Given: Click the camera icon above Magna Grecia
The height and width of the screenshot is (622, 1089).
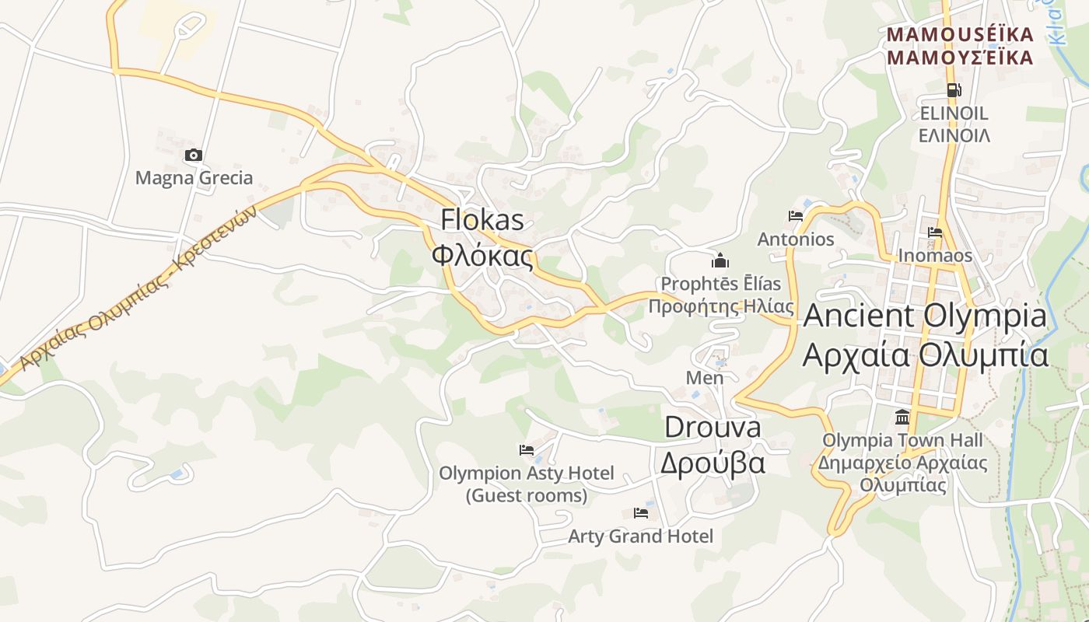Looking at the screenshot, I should [193, 155].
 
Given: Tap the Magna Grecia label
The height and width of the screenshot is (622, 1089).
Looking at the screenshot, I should [194, 178].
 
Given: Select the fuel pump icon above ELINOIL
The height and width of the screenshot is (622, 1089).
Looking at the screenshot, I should [954, 90].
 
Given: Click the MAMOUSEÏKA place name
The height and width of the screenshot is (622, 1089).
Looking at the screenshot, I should [961, 35].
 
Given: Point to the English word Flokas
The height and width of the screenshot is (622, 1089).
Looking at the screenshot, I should [482, 220].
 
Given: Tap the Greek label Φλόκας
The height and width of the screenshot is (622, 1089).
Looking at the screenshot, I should [482, 256].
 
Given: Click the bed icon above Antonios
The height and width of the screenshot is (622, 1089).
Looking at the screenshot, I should [795, 216].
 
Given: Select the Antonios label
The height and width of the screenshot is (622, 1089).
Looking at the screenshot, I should [796, 239].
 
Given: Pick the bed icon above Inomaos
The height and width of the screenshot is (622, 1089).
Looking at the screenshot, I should [935, 232].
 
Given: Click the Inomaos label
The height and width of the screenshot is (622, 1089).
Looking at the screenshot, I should [935, 256].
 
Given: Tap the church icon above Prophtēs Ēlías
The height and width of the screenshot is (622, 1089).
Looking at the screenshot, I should [720, 260].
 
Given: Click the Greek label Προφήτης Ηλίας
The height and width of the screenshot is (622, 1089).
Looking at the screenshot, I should [721, 306].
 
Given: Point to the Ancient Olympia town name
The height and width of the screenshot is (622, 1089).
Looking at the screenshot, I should [925, 316].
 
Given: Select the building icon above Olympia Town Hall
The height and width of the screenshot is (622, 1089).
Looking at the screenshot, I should [902, 418].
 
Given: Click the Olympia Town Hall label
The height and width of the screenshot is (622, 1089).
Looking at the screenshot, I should [902, 441].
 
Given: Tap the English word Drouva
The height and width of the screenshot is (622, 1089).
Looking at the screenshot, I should [713, 427].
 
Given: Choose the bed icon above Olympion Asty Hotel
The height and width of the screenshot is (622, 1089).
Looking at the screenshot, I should [527, 450].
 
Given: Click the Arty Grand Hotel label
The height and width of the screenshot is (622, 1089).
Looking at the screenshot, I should [640, 536].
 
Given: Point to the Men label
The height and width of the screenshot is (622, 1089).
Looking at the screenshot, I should [705, 378].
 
